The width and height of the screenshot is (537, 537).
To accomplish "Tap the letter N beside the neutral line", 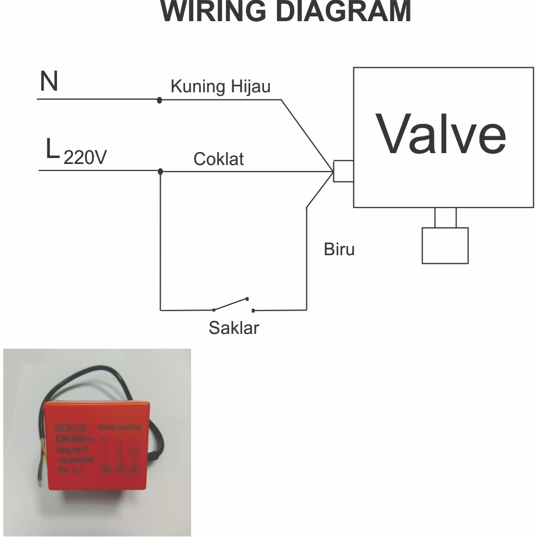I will (x=49, y=83).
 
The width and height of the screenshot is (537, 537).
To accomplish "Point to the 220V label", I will (x=85, y=157).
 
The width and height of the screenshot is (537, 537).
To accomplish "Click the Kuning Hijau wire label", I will (x=220, y=86).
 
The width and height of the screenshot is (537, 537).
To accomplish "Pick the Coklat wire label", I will (x=219, y=159).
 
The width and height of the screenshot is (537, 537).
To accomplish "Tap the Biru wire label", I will (x=339, y=249).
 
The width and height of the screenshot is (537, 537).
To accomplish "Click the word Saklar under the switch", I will (x=234, y=328).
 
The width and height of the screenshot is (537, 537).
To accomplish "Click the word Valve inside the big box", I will (x=443, y=134).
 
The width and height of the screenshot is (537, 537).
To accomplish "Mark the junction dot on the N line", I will (x=159, y=100).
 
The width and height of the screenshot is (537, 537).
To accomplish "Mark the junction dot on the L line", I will (x=160, y=172).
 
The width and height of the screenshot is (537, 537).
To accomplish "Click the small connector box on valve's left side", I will (x=343, y=171).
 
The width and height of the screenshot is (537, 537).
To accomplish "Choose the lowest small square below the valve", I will (x=445, y=245).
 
